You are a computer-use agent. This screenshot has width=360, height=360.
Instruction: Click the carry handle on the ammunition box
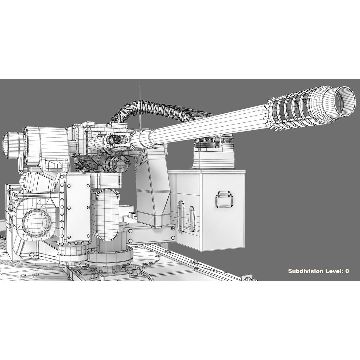225,199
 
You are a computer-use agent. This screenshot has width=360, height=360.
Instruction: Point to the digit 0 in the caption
347,271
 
